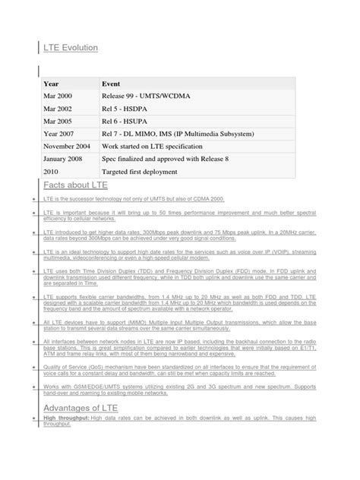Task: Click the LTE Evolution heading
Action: (71, 47)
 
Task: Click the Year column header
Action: (52, 84)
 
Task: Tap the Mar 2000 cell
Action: (60, 97)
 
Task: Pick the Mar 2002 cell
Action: (60, 109)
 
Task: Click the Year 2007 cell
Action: (61, 134)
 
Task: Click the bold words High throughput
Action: (67, 419)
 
